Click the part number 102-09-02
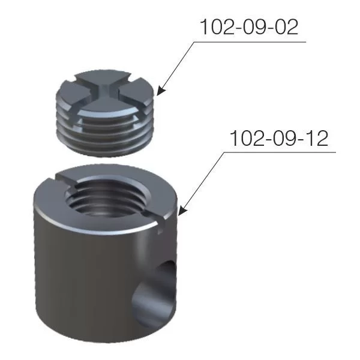[249, 27]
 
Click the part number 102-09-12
[279, 138]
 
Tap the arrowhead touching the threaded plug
[161, 91]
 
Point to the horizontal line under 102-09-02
[250, 42]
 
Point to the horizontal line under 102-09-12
[280, 152]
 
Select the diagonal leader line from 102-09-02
[177, 67]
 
